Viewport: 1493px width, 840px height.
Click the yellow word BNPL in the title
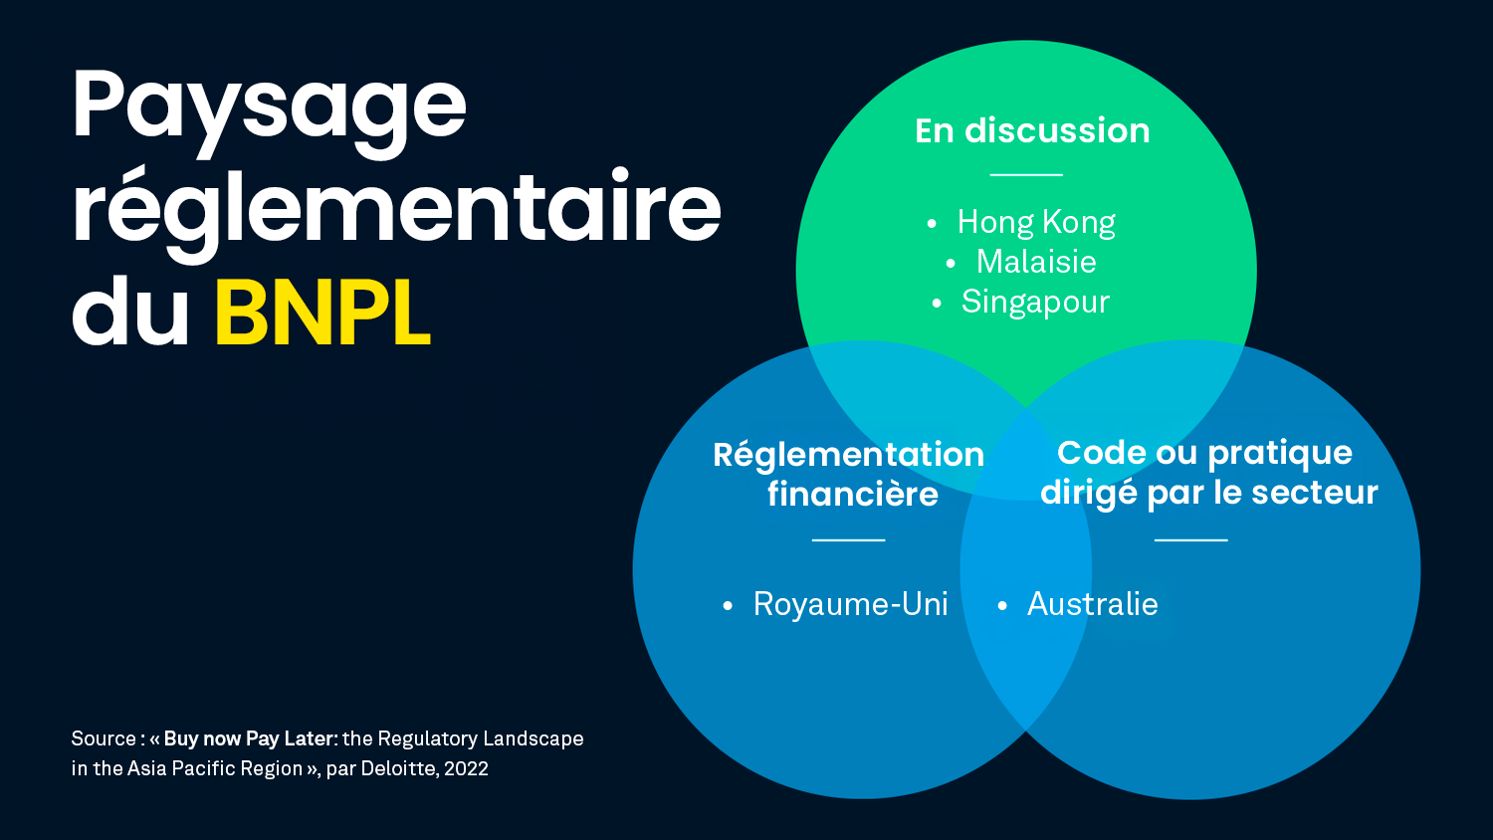tap(322, 314)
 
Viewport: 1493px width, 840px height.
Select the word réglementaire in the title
tap(396, 209)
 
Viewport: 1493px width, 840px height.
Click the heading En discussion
tap(1032, 130)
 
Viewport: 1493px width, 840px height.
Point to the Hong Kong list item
tap(1035, 222)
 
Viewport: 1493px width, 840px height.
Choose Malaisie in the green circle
tap(1035, 262)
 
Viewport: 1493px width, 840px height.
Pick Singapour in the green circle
tap(1034, 302)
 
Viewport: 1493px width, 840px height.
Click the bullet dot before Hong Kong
tap(932, 223)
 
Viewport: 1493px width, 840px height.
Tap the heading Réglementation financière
tap(849, 474)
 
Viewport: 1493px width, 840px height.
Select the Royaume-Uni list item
tap(850, 604)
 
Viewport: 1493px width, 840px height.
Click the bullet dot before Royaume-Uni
tap(728, 605)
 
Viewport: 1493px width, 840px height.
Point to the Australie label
tap(1092, 604)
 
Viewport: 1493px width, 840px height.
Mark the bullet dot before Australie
tap(1002, 605)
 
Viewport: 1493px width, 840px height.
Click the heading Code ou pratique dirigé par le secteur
tap(1207, 473)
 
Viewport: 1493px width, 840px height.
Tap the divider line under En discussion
tap(1026, 174)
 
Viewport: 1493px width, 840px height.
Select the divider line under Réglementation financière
tap(848, 539)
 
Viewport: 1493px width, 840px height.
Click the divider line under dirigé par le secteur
tap(1190, 539)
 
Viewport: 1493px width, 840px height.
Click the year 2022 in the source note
tap(466, 768)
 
